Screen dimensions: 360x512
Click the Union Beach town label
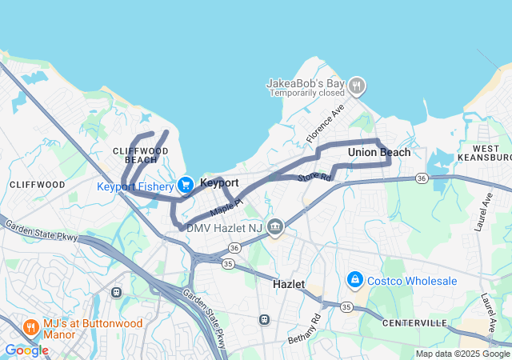click(x=379, y=152)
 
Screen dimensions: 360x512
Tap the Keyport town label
click(x=219, y=183)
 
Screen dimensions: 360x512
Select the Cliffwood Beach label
click(x=141, y=154)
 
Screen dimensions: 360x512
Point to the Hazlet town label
click(x=289, y=284)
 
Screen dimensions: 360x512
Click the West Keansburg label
click(x=491, y=154)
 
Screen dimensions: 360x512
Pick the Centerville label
click(x=414, y=322)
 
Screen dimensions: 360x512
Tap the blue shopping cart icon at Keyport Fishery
click(x=186, y=185)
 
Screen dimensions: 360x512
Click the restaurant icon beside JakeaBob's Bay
click(x=357, y=84)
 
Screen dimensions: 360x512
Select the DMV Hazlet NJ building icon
click(x=275, y=227)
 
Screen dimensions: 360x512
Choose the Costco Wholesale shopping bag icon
click(x=354, y=281)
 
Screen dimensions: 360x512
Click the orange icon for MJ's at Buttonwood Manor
click(x=30, y=327)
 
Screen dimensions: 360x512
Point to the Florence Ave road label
click(x=325, y=122)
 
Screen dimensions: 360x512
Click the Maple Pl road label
click(x=226, y=207)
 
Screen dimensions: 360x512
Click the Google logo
click(x=26, y=350)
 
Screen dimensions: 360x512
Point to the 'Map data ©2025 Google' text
click(x=462, y=354)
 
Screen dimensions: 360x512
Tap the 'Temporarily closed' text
click(x=306, y=93)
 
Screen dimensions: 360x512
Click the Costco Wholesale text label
click(x=412, y=281)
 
